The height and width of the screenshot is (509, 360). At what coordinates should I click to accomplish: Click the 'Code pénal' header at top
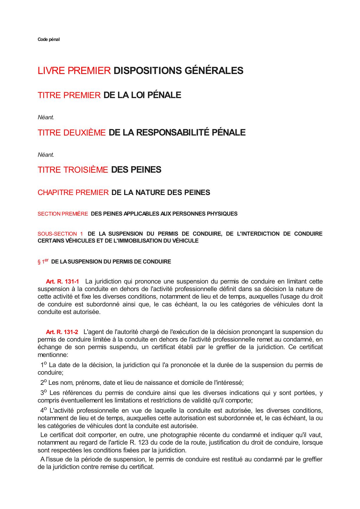[48, 39]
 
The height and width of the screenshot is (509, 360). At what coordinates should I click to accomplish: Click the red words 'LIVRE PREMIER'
[74, 71]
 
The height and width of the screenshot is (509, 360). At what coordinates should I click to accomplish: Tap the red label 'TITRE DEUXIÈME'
[72, 133]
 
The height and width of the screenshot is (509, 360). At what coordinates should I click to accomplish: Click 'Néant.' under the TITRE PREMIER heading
[46, 118]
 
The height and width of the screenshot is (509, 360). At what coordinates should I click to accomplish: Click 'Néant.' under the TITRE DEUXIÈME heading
[46, 155]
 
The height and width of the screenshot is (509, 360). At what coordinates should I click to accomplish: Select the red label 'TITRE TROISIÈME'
[73, 170]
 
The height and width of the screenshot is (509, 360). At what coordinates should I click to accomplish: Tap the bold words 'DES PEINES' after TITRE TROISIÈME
[136, 170]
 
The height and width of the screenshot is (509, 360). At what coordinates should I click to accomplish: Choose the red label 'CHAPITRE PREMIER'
[73, 193]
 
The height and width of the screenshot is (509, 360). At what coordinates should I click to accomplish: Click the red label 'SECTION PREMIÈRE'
[63, 214]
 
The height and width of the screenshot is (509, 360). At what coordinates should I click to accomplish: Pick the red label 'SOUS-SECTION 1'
[60, 234]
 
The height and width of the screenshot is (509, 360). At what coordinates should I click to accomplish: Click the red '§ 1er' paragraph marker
[43, 261]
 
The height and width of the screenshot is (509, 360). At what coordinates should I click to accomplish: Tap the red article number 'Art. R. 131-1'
[62, 281]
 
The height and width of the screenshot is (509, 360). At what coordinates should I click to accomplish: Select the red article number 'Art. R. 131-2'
[62, 332]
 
